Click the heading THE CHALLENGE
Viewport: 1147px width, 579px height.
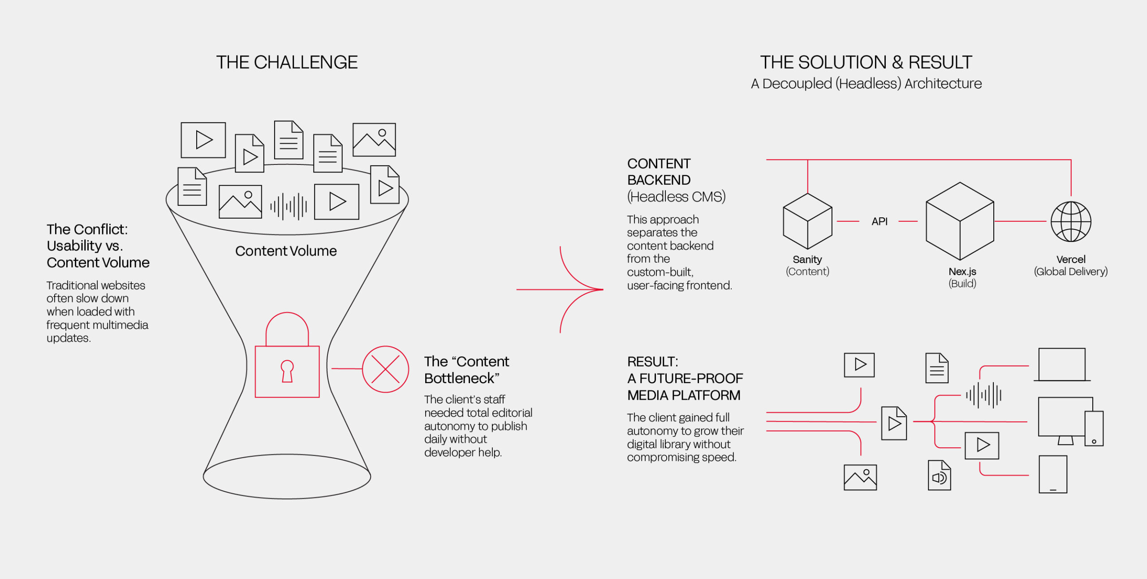(x=287, y=62)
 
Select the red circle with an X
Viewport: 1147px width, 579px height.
(x=385, y=369)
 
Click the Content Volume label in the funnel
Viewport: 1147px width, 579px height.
(x=286, y=251)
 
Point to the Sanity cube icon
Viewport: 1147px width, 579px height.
(x=807, y=221)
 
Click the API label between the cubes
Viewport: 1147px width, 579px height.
(x=880, y=221)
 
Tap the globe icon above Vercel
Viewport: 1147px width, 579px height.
(x=1071, y=221)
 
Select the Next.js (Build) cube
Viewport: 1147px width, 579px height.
(x=960, y=221)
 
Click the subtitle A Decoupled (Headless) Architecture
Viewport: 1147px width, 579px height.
(x=866, y=84)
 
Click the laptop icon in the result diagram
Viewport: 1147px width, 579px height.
(x=1062, y=365)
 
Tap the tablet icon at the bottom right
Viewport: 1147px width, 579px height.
(x=1053, y=474)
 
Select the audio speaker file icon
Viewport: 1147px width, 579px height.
(x=939, y=475)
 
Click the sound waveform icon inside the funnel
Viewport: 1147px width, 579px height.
(x=289, y=207)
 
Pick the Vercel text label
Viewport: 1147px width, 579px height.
(x=1071, y=259)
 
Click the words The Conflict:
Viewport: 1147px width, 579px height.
(x=87, y=229)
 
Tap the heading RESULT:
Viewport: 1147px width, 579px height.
(x=652, y=362)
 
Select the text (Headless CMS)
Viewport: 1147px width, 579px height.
(x=676, y=197)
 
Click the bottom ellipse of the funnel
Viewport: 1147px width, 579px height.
(x=287, y=476)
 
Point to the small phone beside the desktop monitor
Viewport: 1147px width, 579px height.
(x=1094, y=428)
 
